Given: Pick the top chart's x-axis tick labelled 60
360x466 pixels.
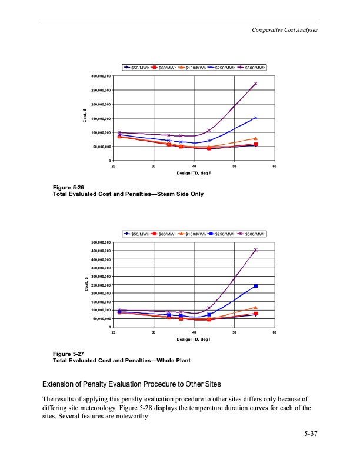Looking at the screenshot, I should [x=274, y=167].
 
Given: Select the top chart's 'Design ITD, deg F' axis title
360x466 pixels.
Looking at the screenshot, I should [x=194, y=174].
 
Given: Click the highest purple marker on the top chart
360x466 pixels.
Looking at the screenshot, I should [x=255, y=84].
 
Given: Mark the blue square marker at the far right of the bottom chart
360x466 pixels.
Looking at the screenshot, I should [x=256, y=286].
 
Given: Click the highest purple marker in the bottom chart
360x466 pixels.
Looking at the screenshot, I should [x=255, y=250].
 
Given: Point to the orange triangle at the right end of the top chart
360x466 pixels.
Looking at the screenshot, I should [x=256, y=138].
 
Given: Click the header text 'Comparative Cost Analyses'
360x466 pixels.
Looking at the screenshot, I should [x=285, y=30].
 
